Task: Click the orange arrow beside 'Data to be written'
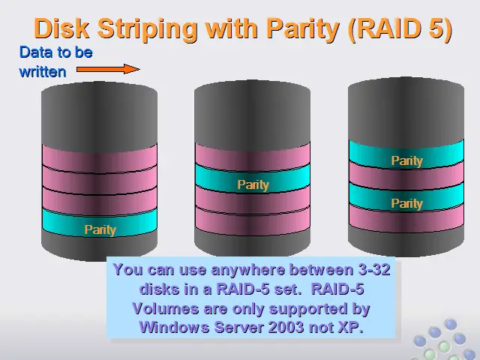[x=108, y=69]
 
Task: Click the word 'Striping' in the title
[x=147, y=30]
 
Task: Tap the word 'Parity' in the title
[x=303, y=30]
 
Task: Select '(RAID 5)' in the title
[x=400, y=29]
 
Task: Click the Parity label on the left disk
[x=100, y=229]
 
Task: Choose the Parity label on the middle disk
[x=253, y=184]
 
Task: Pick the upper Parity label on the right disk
[x=406, y=160]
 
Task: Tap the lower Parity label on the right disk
[x=406, y=203]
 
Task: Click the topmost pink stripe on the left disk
[x=100, y=158]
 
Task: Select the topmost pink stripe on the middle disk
[x=253, y=157]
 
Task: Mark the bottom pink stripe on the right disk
[x=406, y=218]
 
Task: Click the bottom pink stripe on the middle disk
[x=253, y=221]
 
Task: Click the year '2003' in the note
[x=286, y=327]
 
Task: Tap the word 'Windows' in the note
[x=174, y=327]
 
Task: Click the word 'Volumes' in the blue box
[x=166, y=308]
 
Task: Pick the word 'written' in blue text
[x=43, y=72]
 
